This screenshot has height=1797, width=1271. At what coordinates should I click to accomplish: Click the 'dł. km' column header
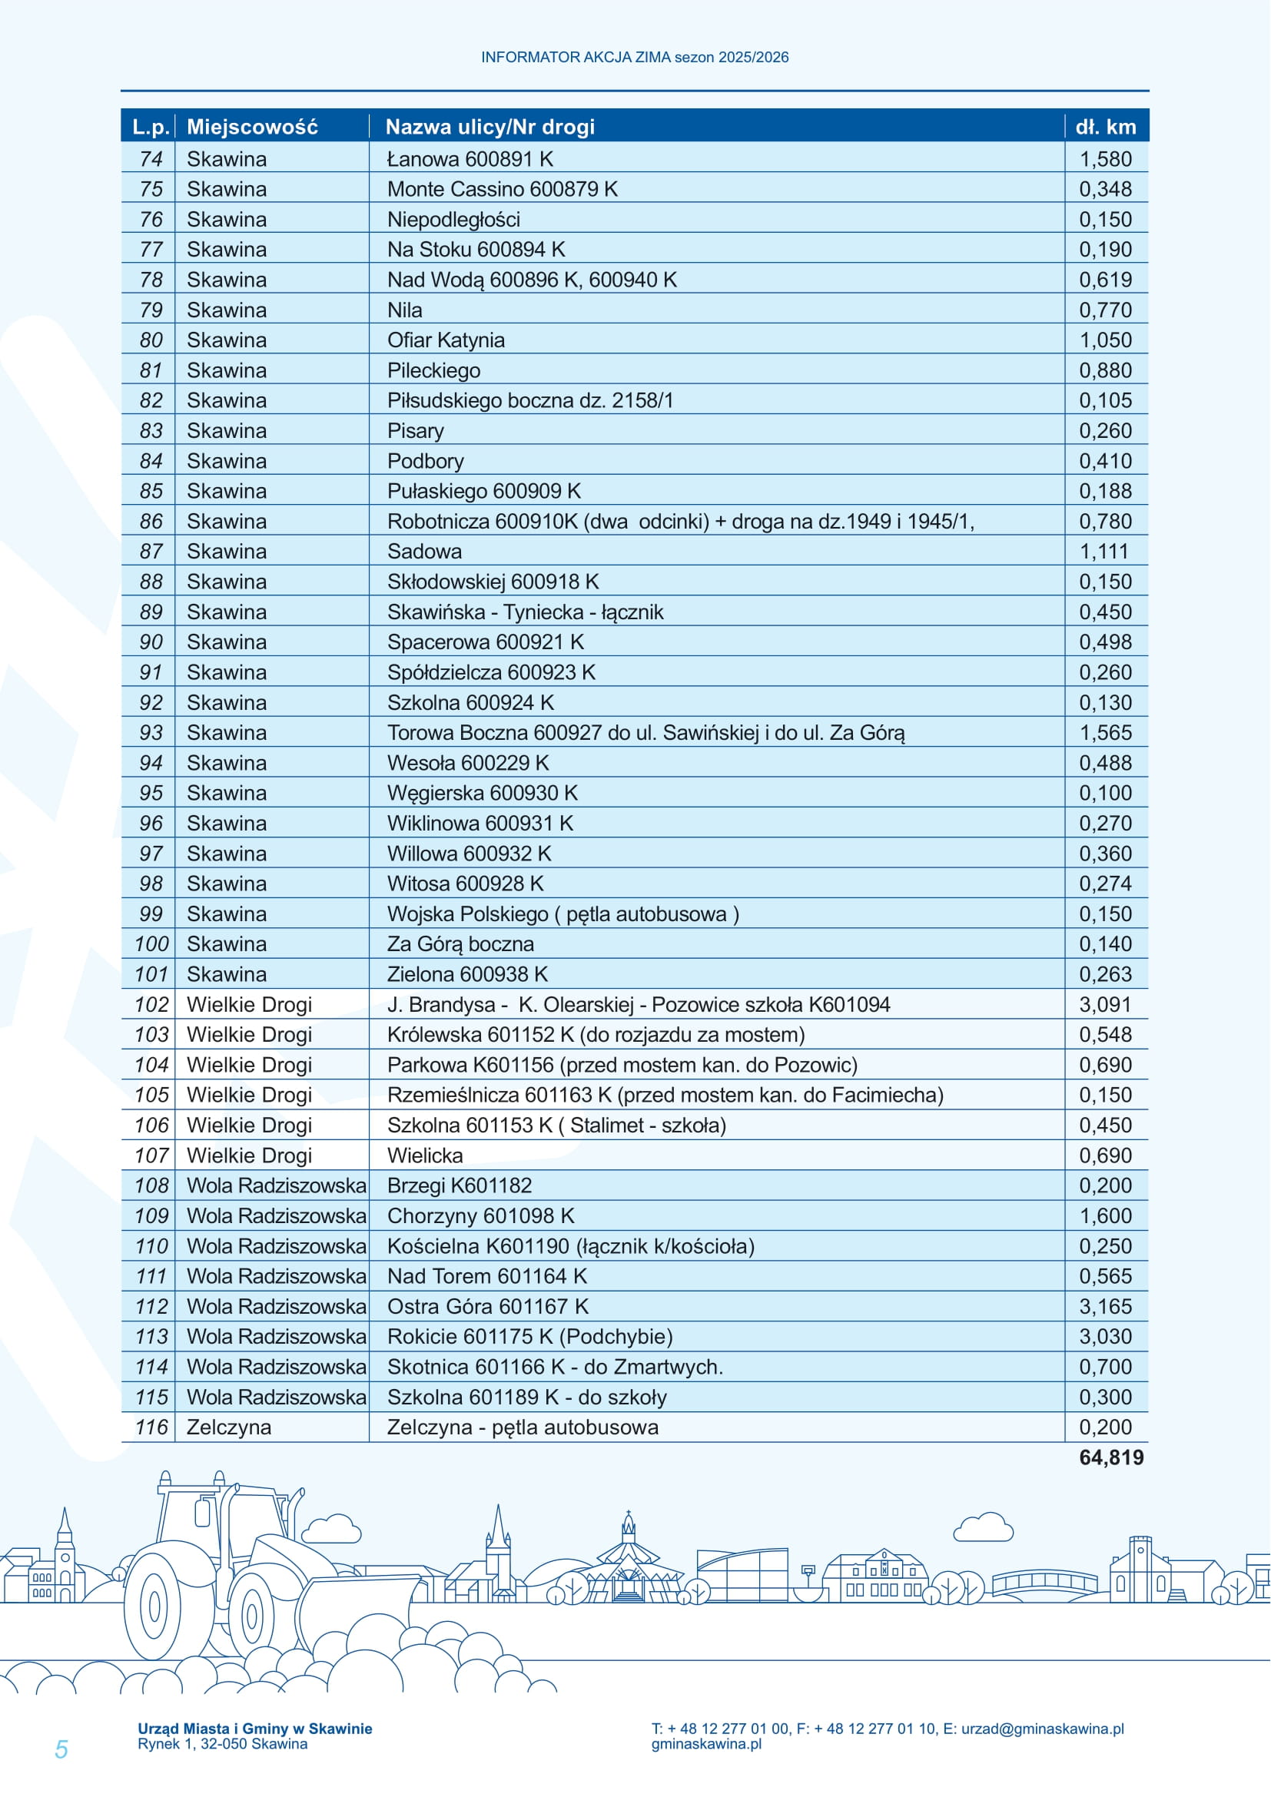1105,127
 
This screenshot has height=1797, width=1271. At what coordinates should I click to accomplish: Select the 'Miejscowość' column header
252,127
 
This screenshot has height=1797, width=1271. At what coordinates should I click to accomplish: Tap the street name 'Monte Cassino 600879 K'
502,190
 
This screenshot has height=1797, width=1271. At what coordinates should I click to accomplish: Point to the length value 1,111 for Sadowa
1103,552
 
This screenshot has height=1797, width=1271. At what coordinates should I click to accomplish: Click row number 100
151,944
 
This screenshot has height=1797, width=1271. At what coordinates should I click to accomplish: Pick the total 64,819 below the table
1110,1457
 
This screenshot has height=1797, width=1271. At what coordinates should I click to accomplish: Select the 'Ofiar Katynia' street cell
446,340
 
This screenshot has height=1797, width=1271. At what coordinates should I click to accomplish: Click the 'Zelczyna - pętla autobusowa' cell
522,1427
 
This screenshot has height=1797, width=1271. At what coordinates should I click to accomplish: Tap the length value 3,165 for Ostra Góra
1105,1306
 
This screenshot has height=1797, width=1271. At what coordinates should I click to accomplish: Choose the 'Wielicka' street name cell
425,1155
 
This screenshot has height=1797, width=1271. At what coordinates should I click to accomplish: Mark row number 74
151,159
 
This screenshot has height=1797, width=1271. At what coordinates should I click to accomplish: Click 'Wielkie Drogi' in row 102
249,1004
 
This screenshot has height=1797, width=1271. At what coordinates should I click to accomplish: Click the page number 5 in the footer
61,1749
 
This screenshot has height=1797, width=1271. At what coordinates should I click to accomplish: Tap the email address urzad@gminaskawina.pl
1042,1729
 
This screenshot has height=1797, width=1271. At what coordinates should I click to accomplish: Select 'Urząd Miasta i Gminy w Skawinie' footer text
254,1729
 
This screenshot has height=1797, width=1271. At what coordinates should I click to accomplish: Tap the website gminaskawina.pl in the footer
706,1744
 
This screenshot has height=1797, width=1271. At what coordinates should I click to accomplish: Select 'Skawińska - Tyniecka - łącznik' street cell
524,612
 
